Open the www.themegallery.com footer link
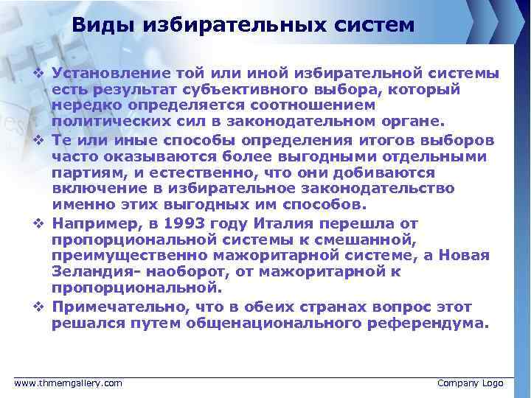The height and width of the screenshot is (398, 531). click(69, 383)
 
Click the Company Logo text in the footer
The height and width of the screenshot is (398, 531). click(471, 383)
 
